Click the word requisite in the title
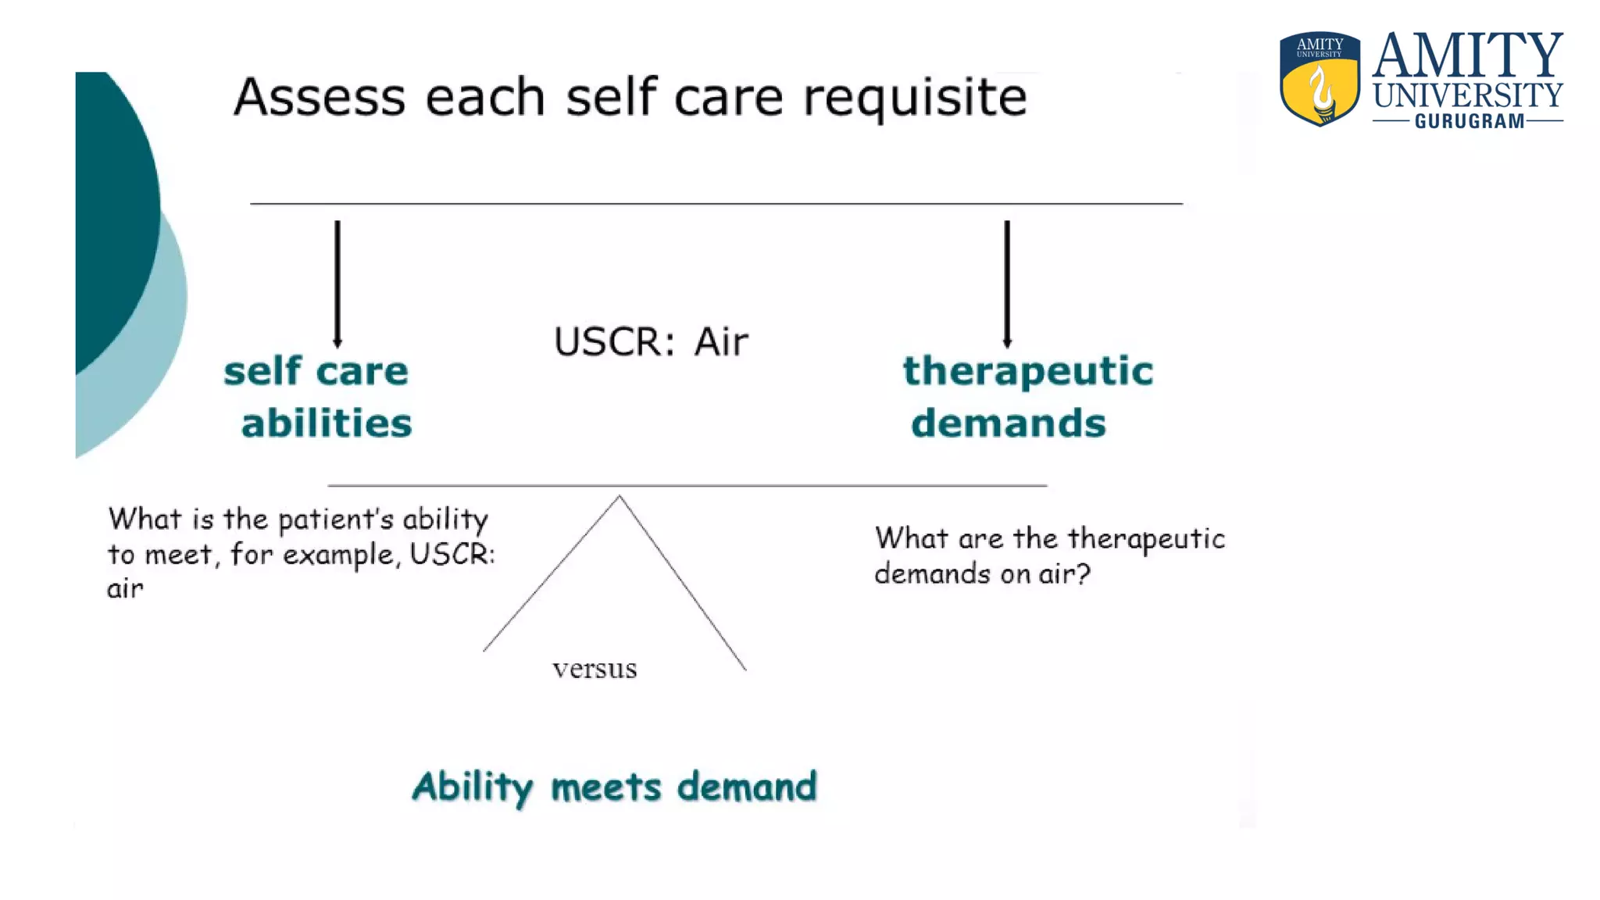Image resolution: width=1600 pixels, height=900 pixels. (914, 98)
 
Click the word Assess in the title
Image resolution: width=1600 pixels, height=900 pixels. (319, 97)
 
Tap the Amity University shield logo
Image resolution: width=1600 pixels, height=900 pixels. (1320, 78)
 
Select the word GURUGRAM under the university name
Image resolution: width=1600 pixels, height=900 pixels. (1469, 122)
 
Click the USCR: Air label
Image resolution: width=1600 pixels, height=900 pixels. (651, 341)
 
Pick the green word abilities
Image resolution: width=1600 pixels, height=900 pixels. (327, 423)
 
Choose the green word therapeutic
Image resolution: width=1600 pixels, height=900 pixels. (1028, 372)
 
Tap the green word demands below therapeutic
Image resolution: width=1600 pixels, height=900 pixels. (1009, 423)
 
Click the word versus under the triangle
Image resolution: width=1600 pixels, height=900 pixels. (595, 670)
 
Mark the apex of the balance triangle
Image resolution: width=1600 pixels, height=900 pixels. (620, 497)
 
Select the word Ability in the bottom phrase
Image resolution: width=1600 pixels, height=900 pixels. (472, 787)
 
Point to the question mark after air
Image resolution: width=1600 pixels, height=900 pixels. (1082, 574)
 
